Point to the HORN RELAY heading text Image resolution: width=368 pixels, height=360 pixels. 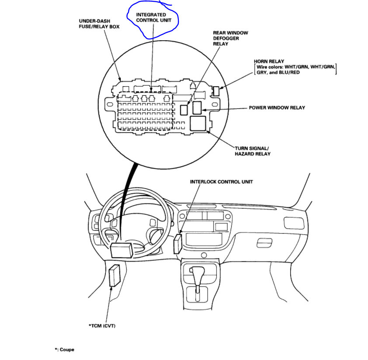pos(269,61)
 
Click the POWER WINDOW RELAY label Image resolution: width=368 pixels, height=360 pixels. pos(277,108)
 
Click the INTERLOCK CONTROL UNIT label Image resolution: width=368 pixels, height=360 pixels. pos(221,182)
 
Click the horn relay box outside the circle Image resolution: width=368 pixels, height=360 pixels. pos(215,91)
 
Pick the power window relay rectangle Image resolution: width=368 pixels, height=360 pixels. pos(197,107)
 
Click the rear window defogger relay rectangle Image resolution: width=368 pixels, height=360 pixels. pos(184,108)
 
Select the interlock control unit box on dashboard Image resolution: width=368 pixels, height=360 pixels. pos(177,244)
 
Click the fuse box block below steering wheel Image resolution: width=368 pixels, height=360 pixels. pos(122,250)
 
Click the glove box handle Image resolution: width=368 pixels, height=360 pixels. pos(265,242)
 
